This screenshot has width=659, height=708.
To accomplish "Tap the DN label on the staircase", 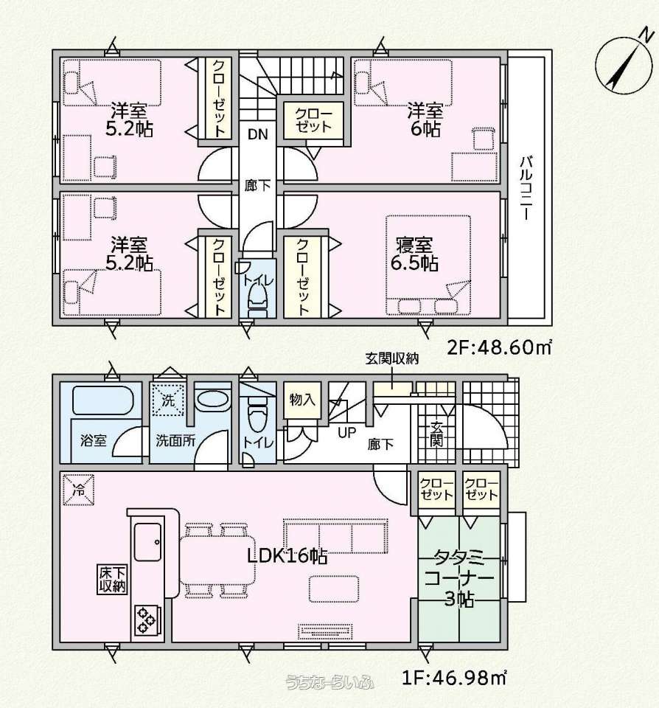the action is (257, 134).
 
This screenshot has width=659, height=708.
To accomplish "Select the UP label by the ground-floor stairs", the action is (346, 433).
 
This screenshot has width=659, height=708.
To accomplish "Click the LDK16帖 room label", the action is (287, 556).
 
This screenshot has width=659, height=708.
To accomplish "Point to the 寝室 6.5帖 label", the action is (414, 254).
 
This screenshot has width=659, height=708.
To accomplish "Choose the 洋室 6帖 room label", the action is (425, 120).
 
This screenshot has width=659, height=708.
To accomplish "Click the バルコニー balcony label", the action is (525, 188).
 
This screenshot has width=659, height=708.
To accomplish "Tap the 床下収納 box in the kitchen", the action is (112, 580).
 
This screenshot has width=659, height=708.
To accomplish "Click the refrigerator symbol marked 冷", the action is (79, 490).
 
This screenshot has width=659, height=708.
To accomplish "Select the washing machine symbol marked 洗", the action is (168, 400).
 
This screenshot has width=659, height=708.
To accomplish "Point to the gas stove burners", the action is (147, 620).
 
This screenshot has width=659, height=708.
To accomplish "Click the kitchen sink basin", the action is (148, 541).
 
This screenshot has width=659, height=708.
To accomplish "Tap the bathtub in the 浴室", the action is (102, 400).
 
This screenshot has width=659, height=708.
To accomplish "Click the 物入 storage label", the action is (301, 400).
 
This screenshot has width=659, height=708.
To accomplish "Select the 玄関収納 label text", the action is (392, 358).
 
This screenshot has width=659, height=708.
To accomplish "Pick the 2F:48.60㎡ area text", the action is (500, 347).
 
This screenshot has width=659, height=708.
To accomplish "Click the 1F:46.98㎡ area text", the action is (454, 677).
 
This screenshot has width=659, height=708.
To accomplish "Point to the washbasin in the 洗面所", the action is (212, 399).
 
